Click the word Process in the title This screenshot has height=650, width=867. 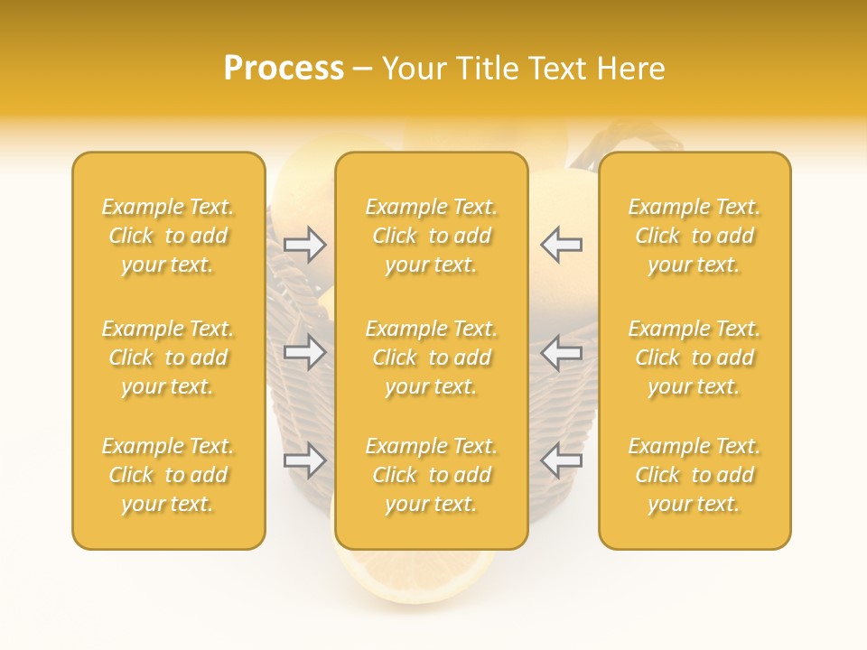coord(284,69)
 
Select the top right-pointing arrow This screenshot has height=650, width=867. coord(305,245)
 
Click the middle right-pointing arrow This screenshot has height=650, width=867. coord(305,352)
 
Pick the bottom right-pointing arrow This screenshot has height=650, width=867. coord(305,460)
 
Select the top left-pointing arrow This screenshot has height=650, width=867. coord(561,245)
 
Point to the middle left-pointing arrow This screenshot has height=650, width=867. coord(561,352)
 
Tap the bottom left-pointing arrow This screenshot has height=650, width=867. coord(561,460)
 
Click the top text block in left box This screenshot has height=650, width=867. coord(168,236)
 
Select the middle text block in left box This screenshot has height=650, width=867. coord(168,357)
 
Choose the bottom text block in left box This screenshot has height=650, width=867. coord(168,475)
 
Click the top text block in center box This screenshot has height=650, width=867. coord(432,236)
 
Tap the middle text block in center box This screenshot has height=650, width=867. coord(432,357)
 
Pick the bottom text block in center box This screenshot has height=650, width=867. coord(432,475)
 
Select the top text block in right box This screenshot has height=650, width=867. coord(695,236)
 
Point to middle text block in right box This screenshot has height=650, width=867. coord(695,357)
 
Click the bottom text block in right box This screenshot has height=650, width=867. coord(695,475)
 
